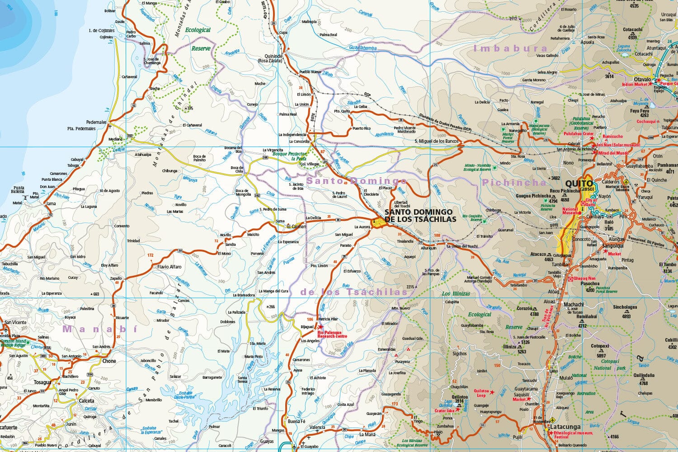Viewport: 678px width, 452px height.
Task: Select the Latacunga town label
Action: (x=565, y=427)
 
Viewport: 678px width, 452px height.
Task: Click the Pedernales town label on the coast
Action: (x=96, y=122)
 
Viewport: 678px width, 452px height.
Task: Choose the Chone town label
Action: (x=109, y=361)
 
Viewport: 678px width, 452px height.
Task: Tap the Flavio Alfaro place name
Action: (x=169, y=267)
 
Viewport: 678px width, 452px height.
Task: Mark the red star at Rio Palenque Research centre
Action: (x=321, y=326)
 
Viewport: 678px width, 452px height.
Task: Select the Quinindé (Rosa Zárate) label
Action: (x=270, y=58)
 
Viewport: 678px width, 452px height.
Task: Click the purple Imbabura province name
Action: (x=510, y=48)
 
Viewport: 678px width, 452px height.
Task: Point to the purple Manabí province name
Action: (x=99, y=329)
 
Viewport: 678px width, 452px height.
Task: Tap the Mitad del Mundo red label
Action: (x=613, y=153)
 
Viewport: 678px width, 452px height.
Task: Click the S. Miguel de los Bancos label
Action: (x=436, y=141)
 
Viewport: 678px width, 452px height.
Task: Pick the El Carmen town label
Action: (x=296, y=226)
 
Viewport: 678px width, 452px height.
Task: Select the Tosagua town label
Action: (x=42, y=382)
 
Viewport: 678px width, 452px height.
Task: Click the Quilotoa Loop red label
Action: (x=480, y=393)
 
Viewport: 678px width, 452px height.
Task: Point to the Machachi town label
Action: (x=573, y=305)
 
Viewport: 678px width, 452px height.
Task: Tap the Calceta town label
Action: (x=86, y=400)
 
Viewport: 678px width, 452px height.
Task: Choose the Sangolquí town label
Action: (x=612, y=246)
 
